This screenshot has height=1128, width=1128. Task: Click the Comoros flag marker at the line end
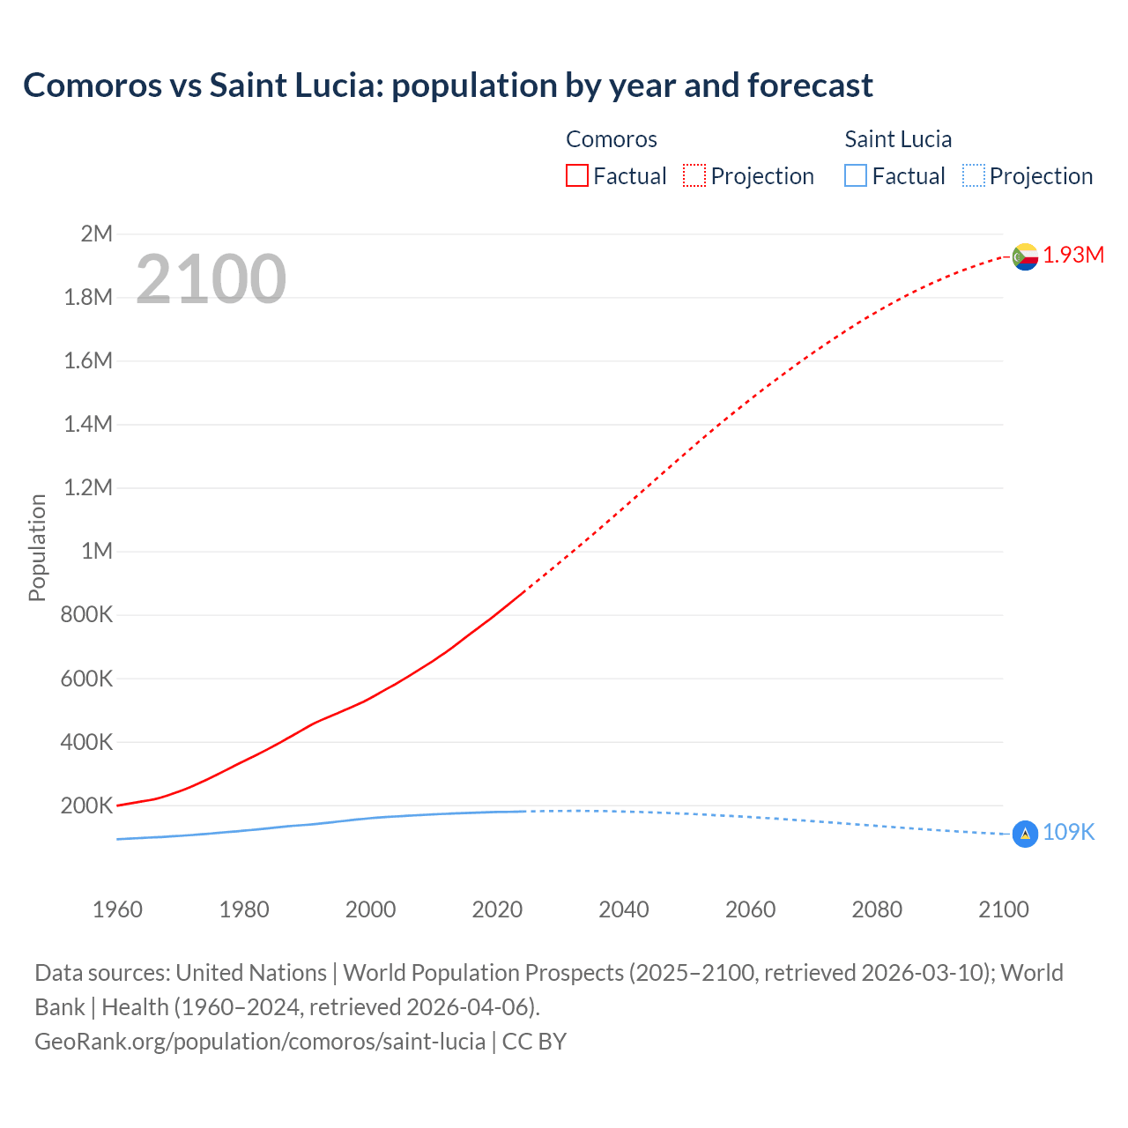coord(1025,256)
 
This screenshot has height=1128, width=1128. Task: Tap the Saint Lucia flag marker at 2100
coord(1025,834)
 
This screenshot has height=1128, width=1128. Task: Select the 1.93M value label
coord(1073,256)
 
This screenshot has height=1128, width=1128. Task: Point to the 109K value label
coord(1068,833)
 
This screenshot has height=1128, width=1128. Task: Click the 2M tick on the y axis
coord(96,234)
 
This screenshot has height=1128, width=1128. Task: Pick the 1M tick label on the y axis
coord(96,552)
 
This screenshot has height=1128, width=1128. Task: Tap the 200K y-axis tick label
coord(86,805)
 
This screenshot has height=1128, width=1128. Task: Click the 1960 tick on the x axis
coord(117,909)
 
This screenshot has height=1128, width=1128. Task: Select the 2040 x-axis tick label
coord(624,909)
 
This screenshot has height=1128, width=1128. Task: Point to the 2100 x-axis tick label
coord(1004,909)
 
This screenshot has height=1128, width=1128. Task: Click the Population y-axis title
coord(37,548)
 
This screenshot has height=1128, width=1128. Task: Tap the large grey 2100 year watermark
coord(211,279)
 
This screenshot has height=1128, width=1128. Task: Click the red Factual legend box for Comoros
coord(577,176)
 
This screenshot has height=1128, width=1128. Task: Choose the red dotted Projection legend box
coord(694,176)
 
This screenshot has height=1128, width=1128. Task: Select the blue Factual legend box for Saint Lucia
coord(856,176)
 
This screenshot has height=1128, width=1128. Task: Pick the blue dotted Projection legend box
coord(974,176)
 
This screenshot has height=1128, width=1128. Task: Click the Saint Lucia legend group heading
coord(898,139)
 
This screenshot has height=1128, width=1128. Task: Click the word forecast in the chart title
coord(810,85)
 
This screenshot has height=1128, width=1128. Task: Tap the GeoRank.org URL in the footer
coord(260,1042)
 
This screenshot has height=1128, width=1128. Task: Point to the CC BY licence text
coord(534,1042)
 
